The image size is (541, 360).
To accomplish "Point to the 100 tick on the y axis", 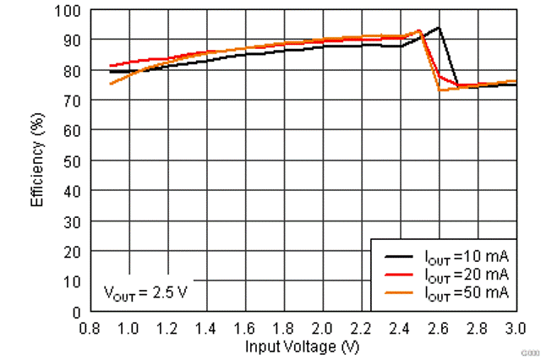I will [72, 11].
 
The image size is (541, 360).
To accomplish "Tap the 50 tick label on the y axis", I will [74, 161].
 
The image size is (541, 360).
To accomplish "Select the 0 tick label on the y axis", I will [78, 312].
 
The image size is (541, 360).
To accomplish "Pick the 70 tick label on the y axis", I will [74, 101].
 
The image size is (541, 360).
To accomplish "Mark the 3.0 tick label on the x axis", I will [516, 327].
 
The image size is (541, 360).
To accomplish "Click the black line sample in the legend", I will [397, 255].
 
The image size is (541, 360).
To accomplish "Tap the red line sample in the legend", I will [397, 274].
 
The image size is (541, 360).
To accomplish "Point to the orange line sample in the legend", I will [397, 292].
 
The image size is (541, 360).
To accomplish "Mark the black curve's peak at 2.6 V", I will [439, 28].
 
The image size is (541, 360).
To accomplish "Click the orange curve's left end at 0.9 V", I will [110, 84].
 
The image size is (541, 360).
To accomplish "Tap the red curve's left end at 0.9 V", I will [110, 66].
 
